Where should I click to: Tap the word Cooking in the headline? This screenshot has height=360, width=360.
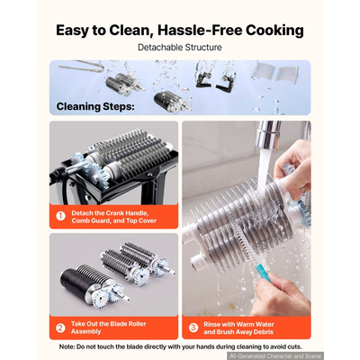(x=274, y=31)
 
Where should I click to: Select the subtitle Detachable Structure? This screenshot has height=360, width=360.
(x=180, y=48)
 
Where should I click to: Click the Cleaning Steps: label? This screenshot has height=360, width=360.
(x=95, y=106)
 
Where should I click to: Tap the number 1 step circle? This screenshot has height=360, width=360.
(x=61, y=216)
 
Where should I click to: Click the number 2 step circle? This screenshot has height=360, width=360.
(x=60, y=328)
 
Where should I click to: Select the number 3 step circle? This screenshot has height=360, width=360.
(x=193, y=328)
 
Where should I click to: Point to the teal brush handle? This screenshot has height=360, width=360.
(x=263, y=272)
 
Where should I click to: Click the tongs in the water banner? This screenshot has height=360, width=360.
(x=81, y=67)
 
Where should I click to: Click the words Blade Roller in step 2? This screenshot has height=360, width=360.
(x=128, y=324)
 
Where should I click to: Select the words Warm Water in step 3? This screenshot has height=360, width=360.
(x=256, y=324)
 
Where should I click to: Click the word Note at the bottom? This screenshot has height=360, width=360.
(x=67, y=346)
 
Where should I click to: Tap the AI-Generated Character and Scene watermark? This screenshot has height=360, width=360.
(x=275, y=356)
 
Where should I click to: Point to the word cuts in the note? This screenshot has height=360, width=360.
(x=294, y=346)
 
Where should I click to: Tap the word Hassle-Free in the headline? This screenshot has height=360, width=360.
(x=200, y=31)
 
